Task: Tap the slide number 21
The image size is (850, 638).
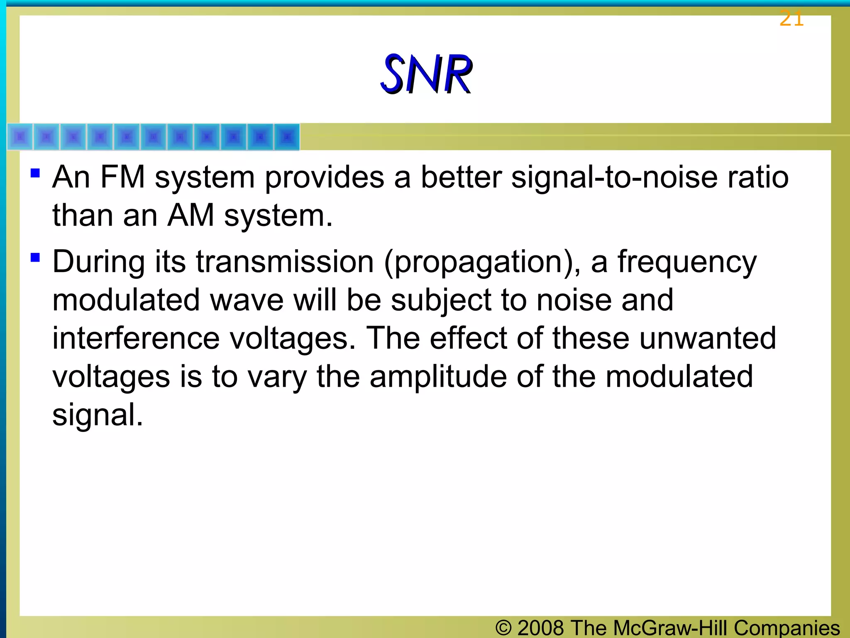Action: (791, 19)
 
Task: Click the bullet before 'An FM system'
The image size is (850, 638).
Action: (35, 173)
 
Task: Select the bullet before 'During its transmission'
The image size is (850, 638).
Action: (35, 258)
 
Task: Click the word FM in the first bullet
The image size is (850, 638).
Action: (122, 177)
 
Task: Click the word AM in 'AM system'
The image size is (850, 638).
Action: (191, 216)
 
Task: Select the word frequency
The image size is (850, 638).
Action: (687, 263)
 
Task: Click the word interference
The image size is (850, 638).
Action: (136, 338)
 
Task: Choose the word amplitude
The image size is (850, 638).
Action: (438, 377)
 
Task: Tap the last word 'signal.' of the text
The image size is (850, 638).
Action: (98, 415)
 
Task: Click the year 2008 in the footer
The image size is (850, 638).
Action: (541, 628)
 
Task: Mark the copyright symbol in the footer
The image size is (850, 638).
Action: (503, 628)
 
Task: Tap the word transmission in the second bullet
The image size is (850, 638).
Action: (285, 263)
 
